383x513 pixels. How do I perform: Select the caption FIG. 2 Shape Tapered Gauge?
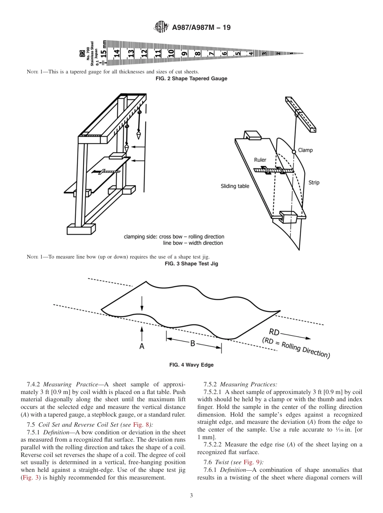[191, 79]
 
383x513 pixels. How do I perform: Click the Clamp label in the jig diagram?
[305, 150]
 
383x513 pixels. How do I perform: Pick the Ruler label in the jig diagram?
[260, 160]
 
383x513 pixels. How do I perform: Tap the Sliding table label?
[235, 186]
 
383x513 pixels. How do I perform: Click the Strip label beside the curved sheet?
[314, 183]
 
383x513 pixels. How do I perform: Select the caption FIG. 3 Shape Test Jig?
[191, 264]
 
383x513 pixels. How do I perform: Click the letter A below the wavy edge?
[142, 346]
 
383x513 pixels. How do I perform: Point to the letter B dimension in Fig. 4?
[193, 343]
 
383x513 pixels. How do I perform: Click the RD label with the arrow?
[274, 332]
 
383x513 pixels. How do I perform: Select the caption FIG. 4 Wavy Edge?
[191, 365]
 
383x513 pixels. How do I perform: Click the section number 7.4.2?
[34, 384]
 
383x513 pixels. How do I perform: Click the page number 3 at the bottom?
[191, 496]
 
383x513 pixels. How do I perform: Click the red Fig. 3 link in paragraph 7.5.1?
[28, 478]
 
